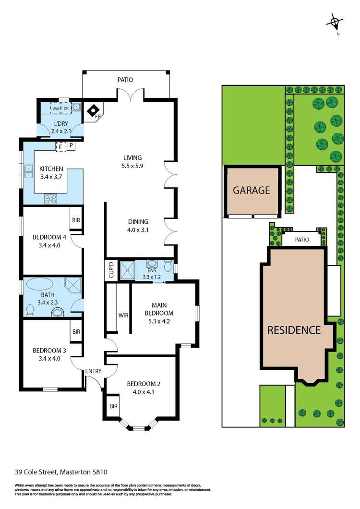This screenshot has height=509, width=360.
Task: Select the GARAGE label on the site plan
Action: coord(252,190)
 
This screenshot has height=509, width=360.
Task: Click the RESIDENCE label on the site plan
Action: coord(294,330)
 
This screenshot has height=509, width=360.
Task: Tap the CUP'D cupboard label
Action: coord(111,270)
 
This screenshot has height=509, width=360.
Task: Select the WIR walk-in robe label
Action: coord(123,315)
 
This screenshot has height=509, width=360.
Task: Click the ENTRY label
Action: coord(93,371)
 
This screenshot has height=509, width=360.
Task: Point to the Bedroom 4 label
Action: coord(49,237)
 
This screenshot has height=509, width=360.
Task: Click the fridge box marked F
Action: coord(61,146)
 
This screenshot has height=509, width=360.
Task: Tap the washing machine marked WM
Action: coord(57,108)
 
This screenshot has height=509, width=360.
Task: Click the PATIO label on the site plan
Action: coord(301,239)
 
